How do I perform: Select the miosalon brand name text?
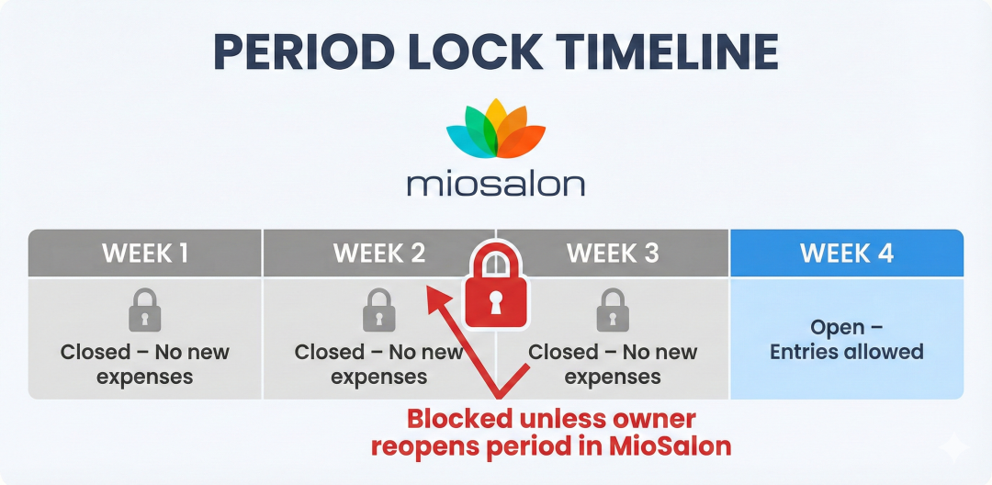[495, 182]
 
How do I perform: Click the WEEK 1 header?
[145, 254]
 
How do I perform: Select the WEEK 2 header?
[378, 254]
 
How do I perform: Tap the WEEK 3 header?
[613, 254]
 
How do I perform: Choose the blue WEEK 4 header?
[846, 254]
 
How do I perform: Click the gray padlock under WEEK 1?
[145, 310]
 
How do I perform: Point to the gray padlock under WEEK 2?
[378, 310]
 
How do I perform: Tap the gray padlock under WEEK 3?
[613, 310]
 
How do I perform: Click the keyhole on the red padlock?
[495, 302]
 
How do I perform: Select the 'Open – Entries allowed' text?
[846, 340]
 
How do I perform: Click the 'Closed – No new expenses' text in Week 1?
[145, 365]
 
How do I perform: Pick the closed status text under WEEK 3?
[613, 365]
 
